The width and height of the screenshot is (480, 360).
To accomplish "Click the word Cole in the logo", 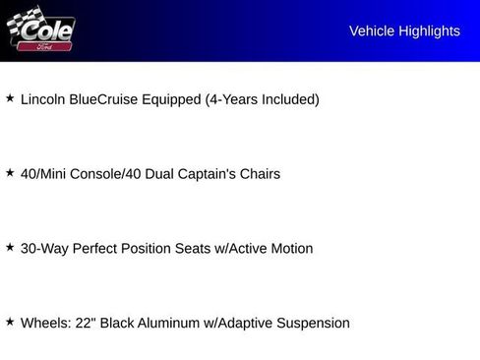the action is click(46, 30).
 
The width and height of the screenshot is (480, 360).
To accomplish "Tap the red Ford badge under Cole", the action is click(44, 46).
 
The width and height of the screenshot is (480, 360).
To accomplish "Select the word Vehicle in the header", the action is click(372, 31).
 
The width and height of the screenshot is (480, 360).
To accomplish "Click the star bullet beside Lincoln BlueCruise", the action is click(10, 97).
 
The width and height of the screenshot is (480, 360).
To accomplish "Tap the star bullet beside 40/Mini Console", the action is click(10, 172).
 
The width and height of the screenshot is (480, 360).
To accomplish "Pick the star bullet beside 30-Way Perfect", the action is click(10, 247).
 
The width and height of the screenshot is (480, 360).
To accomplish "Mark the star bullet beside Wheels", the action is click(10, 321).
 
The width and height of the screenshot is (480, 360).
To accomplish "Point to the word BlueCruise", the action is click(103, 99).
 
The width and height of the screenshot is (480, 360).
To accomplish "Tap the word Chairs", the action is click(260, 174).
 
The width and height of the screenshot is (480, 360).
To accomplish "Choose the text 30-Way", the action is click(44, 249).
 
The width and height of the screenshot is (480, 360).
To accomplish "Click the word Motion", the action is click(292, 248).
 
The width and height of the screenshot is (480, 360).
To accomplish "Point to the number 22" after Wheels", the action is click(86, 323).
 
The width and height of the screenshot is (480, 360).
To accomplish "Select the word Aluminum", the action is click(168, 323).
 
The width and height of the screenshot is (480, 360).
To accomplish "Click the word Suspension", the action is click(313, 324).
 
